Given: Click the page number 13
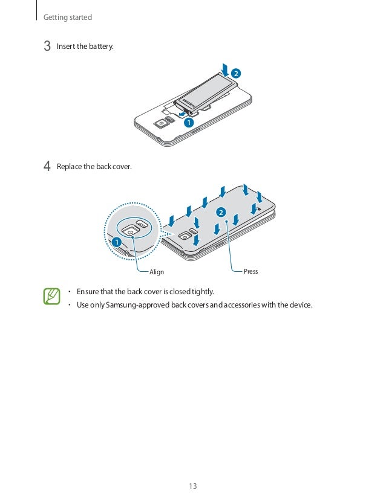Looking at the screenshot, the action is coord(193,486).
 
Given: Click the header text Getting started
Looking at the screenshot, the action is coord(68,18).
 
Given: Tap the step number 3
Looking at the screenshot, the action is coord(47,47).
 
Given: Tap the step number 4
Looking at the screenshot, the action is coord(47,166).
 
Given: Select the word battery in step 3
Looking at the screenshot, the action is coord(100,47).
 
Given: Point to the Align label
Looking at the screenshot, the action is coord(157,272).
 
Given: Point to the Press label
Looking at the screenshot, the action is coord(250,271).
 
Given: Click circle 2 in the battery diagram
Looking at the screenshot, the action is coord(235,74).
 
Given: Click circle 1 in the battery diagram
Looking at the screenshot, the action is coord(189,122).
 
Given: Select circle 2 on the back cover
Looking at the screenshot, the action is coord(220,213).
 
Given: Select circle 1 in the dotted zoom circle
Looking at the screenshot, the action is coord(116,242).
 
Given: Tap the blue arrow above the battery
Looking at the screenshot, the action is coord(225,68).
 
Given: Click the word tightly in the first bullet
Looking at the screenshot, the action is coord(203,292).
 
